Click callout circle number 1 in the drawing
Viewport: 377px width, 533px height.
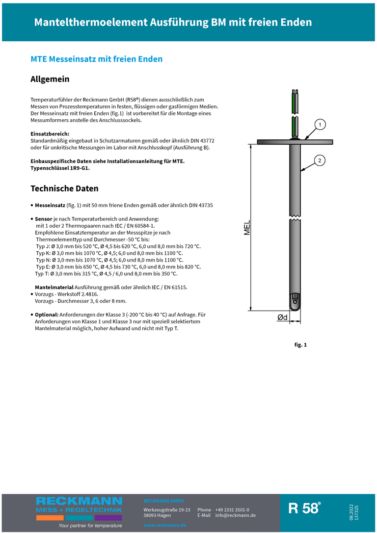point(320,125)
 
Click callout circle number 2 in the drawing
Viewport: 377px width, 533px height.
point(320,160)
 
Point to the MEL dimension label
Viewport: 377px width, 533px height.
point(247,227)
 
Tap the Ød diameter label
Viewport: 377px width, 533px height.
point(282,318)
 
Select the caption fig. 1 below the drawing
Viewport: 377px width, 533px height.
point(300,345)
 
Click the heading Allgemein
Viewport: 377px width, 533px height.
point(50,79)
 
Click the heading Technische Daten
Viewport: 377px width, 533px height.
point(64,188)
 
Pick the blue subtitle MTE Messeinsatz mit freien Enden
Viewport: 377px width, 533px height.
point(96,59)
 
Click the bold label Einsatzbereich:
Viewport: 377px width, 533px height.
point(50,134)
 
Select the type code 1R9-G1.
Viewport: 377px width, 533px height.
point(79,168)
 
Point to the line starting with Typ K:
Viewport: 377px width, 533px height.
point(109,253)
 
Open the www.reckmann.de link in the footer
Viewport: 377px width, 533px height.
point(164,525)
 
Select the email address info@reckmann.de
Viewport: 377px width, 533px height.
point(235,515)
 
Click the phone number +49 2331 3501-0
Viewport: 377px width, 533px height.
point(232,510)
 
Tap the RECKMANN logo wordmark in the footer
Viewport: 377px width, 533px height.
point(79,501)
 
